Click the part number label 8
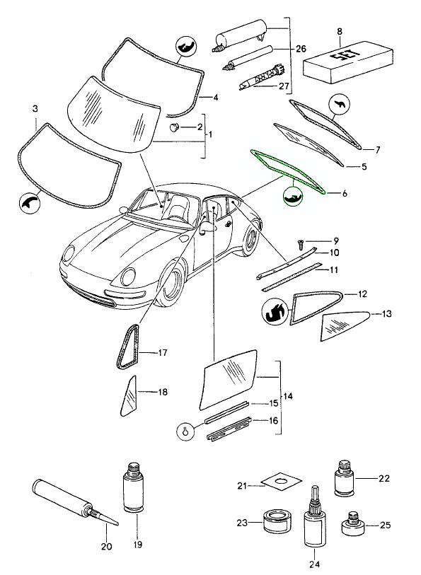coord(340,31)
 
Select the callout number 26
coord(301,49)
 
